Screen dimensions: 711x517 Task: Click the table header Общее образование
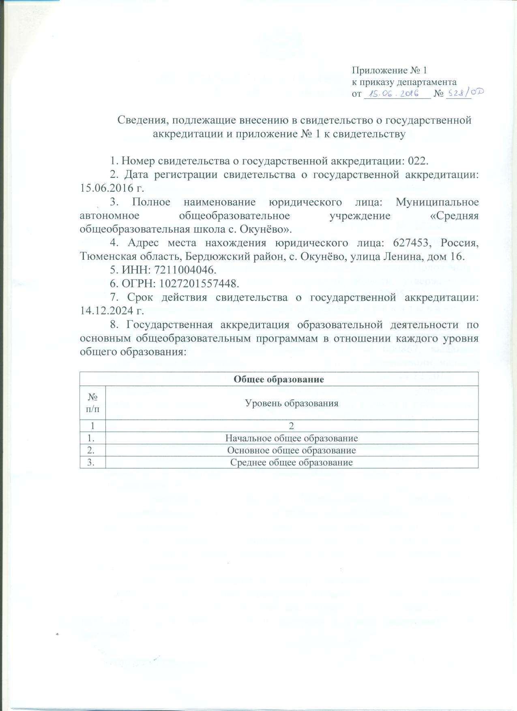click(279, 380)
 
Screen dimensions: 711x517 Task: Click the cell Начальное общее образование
click(292, 438)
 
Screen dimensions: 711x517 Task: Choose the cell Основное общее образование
click(292, 450)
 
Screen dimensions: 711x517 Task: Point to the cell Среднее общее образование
click(292, 462)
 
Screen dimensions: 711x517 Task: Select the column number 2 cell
click(291, 426)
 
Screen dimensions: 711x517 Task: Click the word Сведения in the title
click(140, 120)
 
